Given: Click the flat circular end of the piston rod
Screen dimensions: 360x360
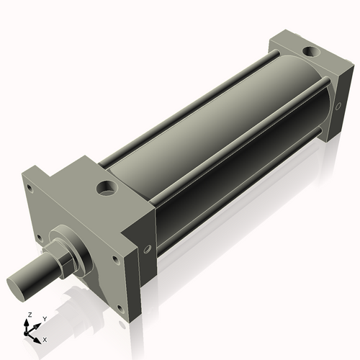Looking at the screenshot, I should coord(18,284).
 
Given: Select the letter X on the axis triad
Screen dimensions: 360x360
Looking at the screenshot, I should coord(45,338).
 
